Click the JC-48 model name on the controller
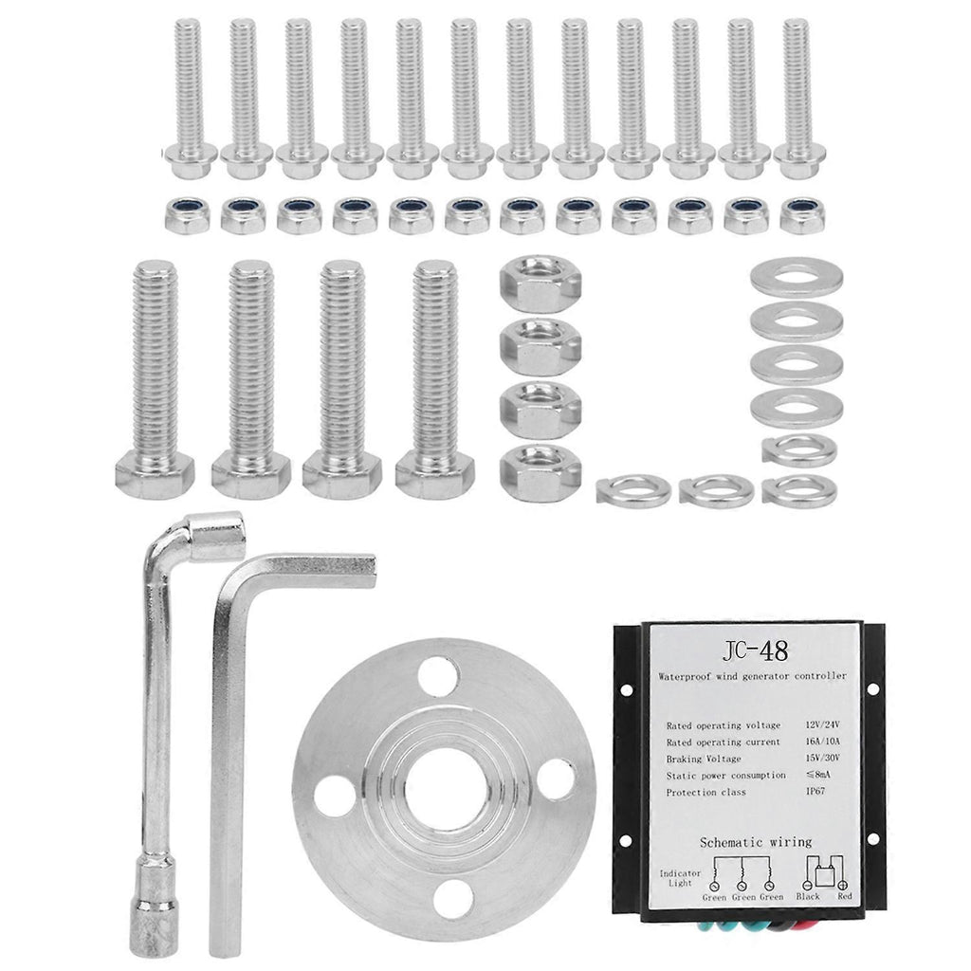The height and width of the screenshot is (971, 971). (755, 650)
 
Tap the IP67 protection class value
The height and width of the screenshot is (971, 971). (815, 791)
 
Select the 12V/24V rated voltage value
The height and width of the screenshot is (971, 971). (822, 724)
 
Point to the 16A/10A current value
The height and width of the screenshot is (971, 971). (822, 742)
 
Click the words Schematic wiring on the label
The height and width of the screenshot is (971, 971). (756, 842)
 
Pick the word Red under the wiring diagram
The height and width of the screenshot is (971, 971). (845, 895)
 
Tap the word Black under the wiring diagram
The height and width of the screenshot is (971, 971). (808, 895)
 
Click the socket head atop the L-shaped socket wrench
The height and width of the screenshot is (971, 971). (217, 537)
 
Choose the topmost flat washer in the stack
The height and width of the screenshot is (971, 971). (797, 278)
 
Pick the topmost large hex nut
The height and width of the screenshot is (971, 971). (540, 284)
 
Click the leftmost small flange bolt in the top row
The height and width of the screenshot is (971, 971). (189, 99)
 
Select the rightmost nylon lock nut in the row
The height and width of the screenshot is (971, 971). (802, 215)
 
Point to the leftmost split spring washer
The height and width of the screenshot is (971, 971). (633, 488)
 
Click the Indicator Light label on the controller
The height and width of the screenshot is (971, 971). (680, 877)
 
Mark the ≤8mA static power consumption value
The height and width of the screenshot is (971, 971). (817, 774)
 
